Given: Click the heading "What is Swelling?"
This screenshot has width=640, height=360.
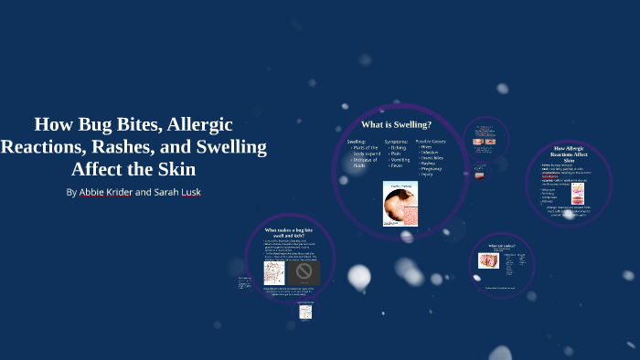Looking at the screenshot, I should (396, 123).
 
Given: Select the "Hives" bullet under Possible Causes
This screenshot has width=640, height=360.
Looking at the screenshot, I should (429, 147).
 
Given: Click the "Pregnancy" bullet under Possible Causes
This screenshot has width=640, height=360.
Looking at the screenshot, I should (432, 168).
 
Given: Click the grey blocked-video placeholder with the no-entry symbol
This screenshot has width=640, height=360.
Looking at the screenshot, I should (304, 273).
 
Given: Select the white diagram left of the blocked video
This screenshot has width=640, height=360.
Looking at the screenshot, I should (274, 273).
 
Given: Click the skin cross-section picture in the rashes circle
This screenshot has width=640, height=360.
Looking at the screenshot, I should (489, 260).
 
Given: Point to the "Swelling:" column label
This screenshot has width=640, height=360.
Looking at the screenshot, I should (357, 142).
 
